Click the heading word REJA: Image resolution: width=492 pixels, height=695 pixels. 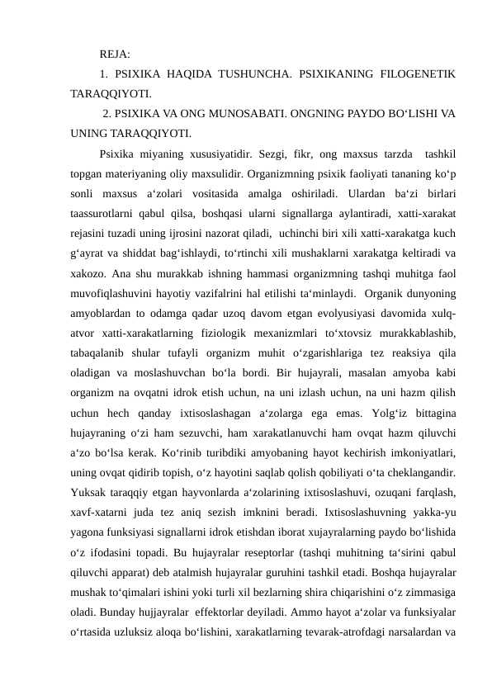click(x=114, y=54)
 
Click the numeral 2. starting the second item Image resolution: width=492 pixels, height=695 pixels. click(x=108, y=112)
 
